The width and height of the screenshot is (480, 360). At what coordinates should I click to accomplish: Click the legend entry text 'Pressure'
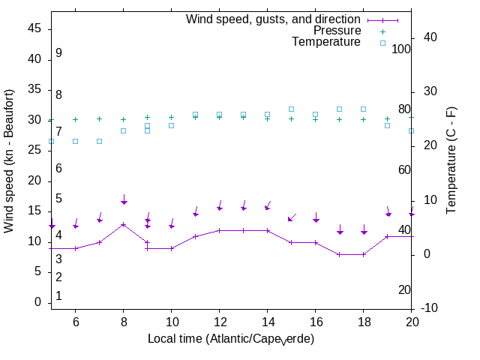pos(337,31)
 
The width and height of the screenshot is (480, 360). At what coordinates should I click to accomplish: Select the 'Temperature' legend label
pos(326,42)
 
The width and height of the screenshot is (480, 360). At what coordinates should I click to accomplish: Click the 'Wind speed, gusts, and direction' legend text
pos(274,19)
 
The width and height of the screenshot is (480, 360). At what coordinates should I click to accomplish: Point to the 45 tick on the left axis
pos(34,28)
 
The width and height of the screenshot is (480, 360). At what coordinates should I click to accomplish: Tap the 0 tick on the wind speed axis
pos(37,302)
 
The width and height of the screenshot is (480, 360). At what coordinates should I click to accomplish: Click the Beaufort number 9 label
pos(58,53)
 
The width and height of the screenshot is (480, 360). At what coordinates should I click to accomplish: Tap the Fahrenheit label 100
pos(402,49)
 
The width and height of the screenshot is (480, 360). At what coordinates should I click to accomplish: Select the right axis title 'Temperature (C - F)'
pos(451,159)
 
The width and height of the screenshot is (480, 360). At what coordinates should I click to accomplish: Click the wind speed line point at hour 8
pos(124,224)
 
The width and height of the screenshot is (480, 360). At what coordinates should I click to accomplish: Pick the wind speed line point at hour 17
pos(339,254)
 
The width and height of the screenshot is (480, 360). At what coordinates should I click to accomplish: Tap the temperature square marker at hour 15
pos(291,109)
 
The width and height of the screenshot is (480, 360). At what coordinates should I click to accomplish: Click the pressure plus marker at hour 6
pos(76,119)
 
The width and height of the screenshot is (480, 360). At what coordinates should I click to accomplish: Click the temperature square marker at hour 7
pos(100,141)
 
